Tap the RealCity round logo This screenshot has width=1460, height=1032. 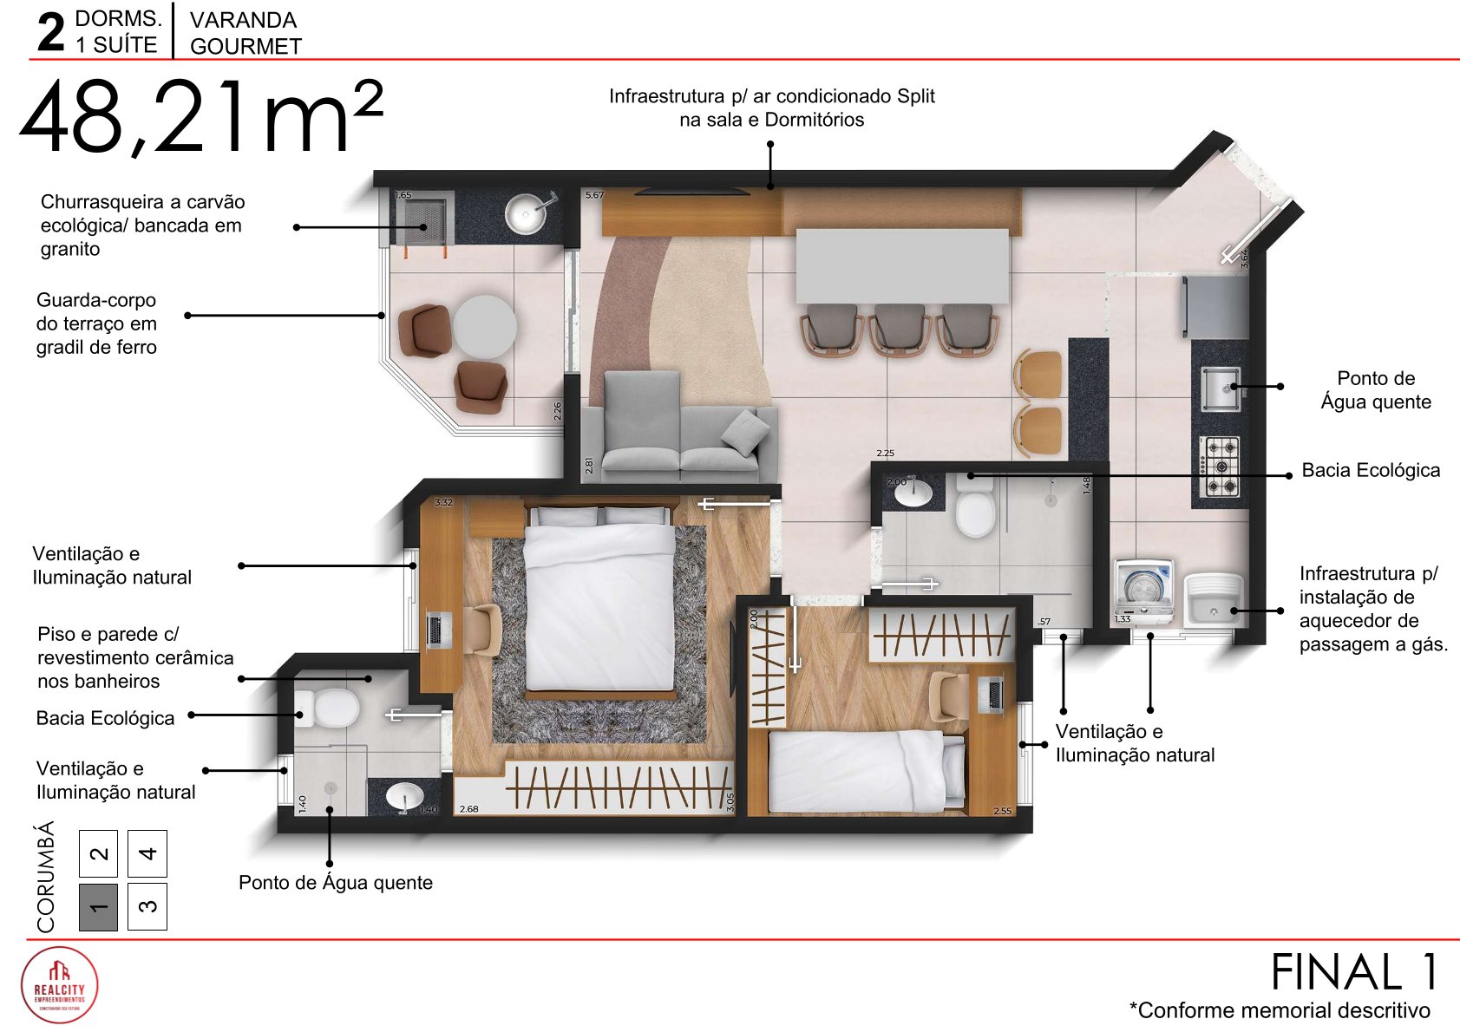(59, 985)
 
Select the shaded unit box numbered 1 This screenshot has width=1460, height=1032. (98, 907)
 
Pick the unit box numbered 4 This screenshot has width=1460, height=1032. (147, 853)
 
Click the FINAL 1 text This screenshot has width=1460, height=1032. (1353, 972)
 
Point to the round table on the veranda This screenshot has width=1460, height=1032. (485, 327)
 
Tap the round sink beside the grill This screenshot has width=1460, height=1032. (527, 213)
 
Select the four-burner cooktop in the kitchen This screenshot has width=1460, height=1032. (1221, 466)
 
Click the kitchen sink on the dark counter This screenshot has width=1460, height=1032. (1221, 388)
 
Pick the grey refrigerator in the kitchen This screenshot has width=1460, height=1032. (1215, 306)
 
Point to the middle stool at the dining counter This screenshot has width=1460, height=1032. (899, 328)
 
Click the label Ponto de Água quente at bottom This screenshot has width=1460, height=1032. (335, 882)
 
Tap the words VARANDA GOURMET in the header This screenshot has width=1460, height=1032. (246, 33)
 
